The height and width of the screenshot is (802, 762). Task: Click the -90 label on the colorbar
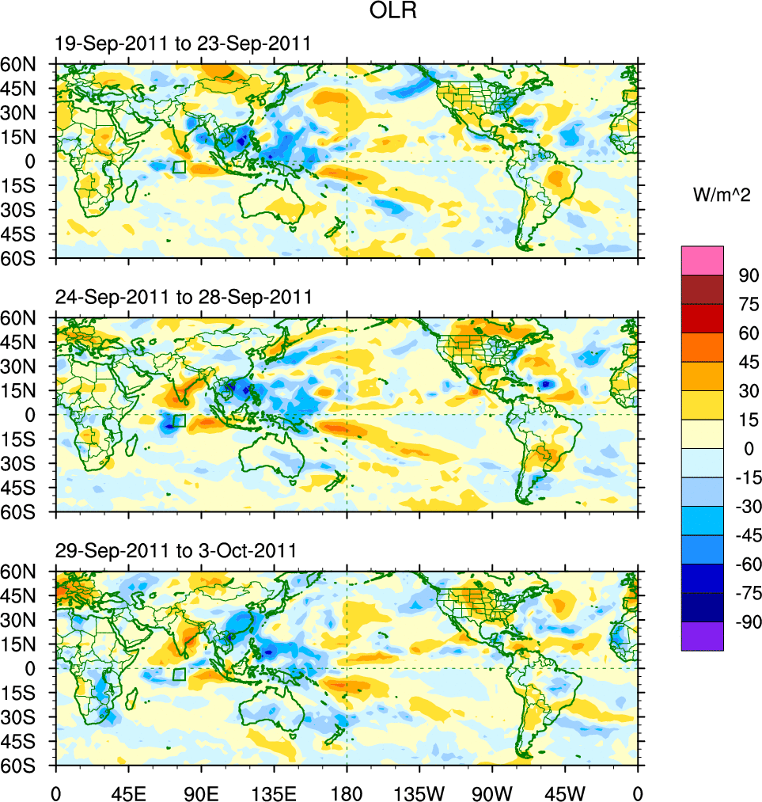[x=746, y=622]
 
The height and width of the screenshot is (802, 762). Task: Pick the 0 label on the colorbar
[x=745, y=449]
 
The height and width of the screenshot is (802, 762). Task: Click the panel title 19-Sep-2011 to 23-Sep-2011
[x=183, y=44]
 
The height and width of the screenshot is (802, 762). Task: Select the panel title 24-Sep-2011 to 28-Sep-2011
[x=184, y=297]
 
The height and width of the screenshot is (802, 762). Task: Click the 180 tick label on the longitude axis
[x=347, y=792]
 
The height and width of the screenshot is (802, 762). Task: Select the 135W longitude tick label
[x=419, y=792]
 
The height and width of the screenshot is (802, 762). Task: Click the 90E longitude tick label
[x=201, y=792]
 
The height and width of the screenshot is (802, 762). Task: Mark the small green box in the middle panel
[x=179, y=420]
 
